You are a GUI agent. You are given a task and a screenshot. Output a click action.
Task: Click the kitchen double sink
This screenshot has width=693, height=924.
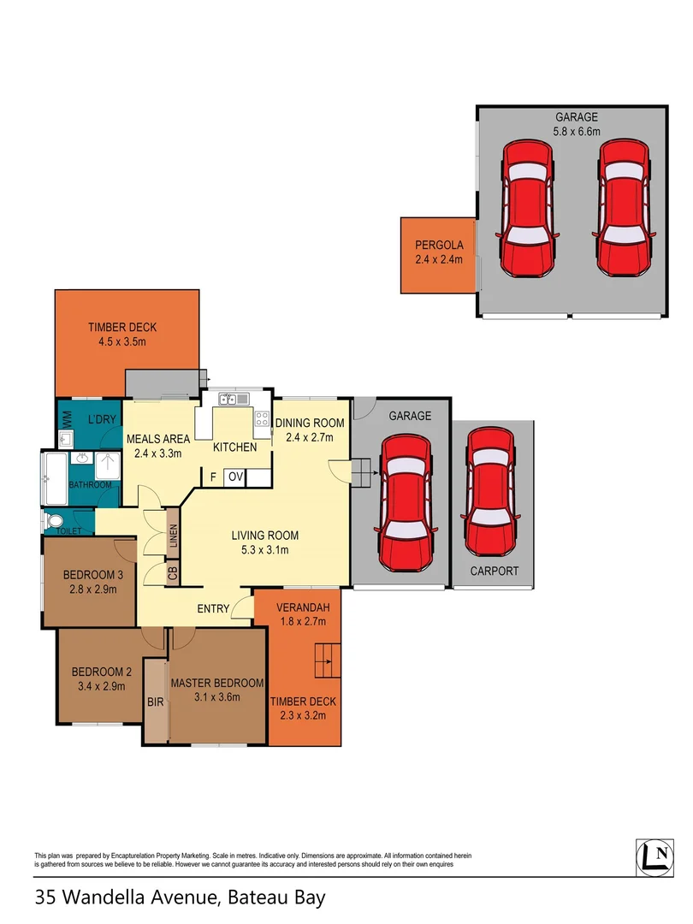[233, 399]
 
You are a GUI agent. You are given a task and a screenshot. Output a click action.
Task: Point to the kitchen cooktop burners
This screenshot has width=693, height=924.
[262, 419]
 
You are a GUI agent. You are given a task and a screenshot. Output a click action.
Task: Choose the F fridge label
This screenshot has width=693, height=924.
[211, 477]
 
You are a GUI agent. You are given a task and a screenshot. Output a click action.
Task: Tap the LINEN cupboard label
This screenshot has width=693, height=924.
[173, 537]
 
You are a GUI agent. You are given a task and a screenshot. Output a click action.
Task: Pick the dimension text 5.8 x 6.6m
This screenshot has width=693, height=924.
[576, 132]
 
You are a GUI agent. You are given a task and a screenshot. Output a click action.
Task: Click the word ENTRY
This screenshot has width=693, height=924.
[213, 609]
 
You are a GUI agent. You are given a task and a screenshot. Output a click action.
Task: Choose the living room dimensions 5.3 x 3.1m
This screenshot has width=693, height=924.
[264, 550]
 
